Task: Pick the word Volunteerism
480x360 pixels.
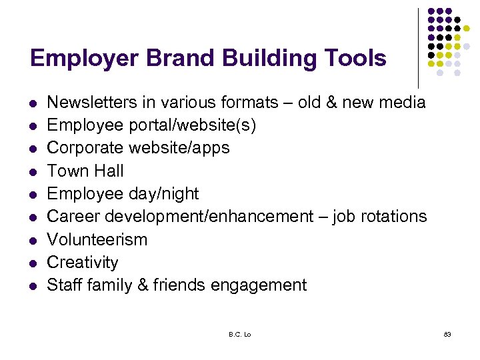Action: click(x=97, y=239)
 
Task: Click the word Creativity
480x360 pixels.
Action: click(x=83, y=262)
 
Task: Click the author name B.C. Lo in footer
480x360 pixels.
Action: click(x=239, y=334)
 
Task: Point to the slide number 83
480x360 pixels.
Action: click(x=447, y=334)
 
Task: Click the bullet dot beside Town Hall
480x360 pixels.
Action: click(x=33, y=172)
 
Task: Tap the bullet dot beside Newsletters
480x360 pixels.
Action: click(x=33, y=103)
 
